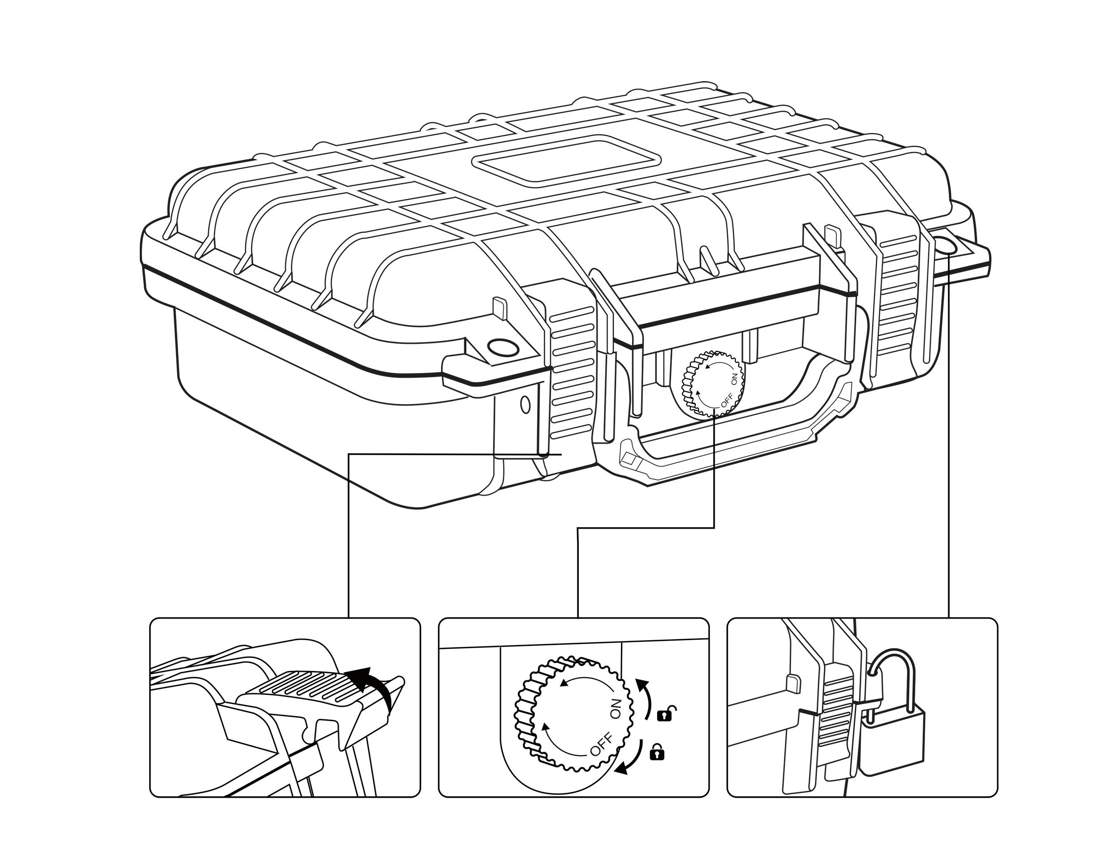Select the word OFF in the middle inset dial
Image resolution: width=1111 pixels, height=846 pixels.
pos(602,745)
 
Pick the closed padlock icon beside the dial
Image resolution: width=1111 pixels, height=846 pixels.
pos(657,752)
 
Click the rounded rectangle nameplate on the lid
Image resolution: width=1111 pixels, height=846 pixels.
pos(566,158)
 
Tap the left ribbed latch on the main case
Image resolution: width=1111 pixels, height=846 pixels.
pos(572,372)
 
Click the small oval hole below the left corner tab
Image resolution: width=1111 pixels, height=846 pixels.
pos(525,404)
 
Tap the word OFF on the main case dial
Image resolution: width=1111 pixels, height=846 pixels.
pos(726,400)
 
